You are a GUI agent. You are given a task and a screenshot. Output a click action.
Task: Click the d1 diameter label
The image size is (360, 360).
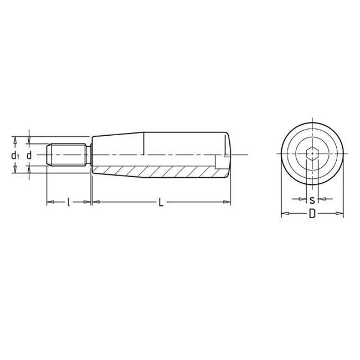click(16, 156)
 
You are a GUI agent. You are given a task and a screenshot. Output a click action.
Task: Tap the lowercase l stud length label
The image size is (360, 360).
click(68, 203)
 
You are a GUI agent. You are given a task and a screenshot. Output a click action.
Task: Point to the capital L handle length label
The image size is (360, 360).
click(161, 203)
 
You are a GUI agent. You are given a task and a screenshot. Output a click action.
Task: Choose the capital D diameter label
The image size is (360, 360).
click(312, 214)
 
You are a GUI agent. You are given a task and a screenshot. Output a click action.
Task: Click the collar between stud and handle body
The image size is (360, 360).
click(88, 155)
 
